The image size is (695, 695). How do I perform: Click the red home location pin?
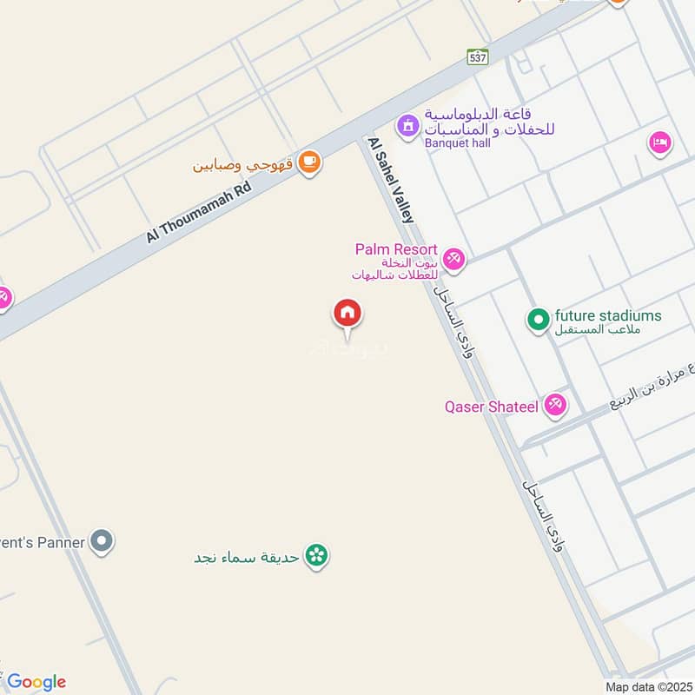pyautogui.click(x=347, y=313)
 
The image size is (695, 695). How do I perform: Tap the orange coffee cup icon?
pyautogui.click(x=308, y=162)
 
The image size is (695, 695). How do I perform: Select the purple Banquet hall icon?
pyautogui.click(x=407, y=127)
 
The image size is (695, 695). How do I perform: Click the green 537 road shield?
pyautogui.click(x=477, y=57)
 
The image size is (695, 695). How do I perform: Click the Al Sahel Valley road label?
pyautogui.click(x=391, y=181)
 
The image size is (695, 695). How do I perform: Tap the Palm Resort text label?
pyautogui.click(x=395, y=250)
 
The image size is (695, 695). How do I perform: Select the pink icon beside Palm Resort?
pyautogui.click(x=453, y=259)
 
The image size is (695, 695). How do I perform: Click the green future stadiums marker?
pyautogui.click(x=538, y=320)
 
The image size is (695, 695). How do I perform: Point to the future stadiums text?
pyautogui.click(x=608, y=316)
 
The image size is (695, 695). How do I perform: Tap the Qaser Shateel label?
pyautogui.click(x=492, y=406)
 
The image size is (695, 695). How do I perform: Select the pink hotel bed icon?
pyautogui.click(x=660, y=142)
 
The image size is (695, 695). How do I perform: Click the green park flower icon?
pyautogui.click(x=317, y=556)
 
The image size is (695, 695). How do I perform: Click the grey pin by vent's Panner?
pyautogui.click(x=103, y=543)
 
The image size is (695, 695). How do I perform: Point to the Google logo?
pyautogui.click(x=36, y=682)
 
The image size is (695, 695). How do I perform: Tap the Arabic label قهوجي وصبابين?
pyautogui.click(x=243, y=163)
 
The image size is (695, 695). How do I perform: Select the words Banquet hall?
pyautogui.click(x=458, y=142)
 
